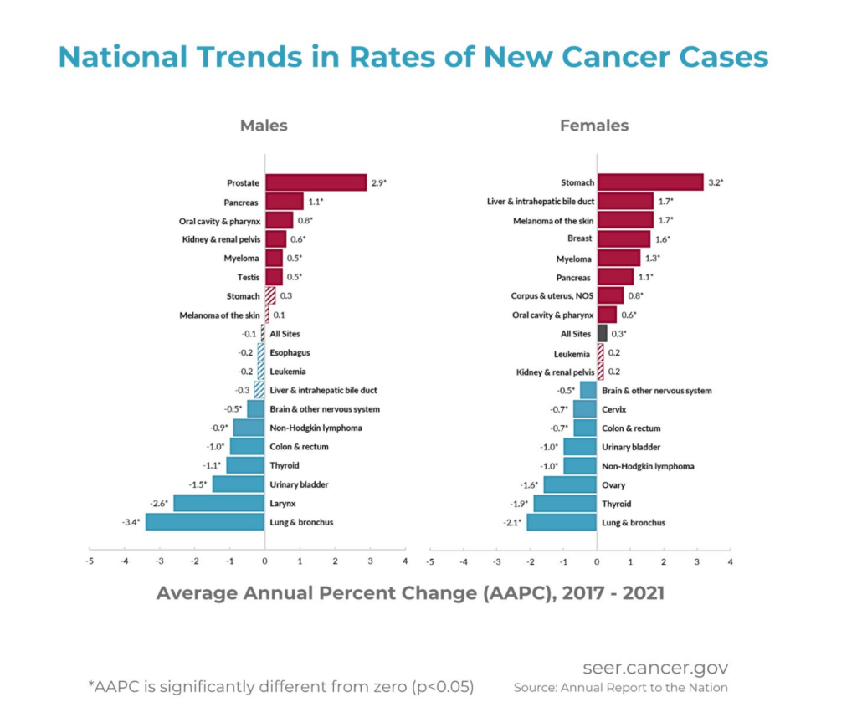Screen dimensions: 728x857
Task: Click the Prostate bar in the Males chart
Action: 316,182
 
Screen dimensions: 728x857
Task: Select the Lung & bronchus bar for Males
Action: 205,522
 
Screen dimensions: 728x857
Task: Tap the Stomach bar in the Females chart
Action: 650,182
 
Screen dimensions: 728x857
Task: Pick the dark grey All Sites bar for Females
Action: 603,333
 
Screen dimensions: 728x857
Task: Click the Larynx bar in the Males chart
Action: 219,503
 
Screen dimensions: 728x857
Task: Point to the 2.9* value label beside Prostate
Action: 378,182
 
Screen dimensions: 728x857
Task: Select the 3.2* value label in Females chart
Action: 716,182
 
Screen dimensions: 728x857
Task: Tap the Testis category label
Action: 245,277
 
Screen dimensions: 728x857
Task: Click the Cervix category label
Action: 613,409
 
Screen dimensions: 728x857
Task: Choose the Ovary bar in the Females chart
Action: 570,484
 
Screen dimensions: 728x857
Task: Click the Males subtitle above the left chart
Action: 264,126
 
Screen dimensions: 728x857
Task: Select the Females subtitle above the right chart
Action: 594,126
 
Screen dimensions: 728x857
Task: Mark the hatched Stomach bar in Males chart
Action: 270,295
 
